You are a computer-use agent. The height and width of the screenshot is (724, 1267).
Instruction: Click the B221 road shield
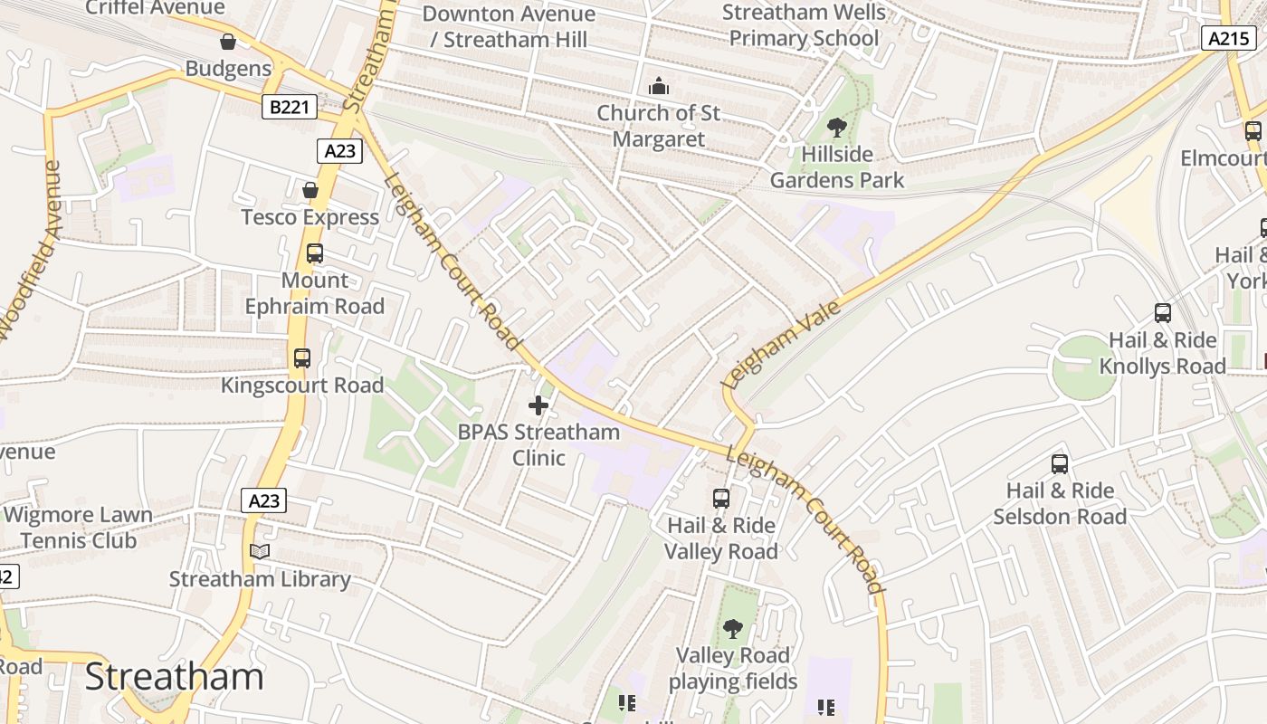pyautogui.click(x=290, y=108)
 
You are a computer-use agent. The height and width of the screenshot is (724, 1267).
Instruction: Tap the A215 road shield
pyautogui.click(x=1227, y=38)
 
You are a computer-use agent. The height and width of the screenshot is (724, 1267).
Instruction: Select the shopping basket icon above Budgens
pyautogui.click(x=228, y=42)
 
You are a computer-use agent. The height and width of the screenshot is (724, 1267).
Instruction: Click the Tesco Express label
pyautogui.click(x=310, y=217)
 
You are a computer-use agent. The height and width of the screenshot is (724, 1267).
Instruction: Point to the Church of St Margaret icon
pyautogui.click(x=659, y=87)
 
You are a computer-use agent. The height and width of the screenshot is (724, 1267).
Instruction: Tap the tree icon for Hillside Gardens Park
pyautogui.click(x=837, y=128)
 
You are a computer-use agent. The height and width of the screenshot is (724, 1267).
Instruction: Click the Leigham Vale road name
pyautogui.click(x=782, y=346)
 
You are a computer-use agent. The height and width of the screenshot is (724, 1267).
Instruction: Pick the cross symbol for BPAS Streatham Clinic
pyautogui.click(x=538, y=405)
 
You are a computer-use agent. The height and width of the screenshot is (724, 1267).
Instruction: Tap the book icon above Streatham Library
pyautogui.click(x=260, y=551)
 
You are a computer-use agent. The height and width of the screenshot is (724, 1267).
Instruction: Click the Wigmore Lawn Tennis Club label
pyautogui.click(x=78, y=528)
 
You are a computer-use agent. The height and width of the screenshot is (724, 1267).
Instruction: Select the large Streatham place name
pyautogui.click(x=175, y=677)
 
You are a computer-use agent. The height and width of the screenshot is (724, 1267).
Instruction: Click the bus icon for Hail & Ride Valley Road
pyautogui.click(x=721, y=498)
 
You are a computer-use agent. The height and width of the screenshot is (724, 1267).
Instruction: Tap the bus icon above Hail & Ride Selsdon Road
pyautogui.click(x=1060, y=464)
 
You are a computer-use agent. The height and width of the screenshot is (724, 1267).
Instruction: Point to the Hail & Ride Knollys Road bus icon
pyautogui.click(x=1163, y=313)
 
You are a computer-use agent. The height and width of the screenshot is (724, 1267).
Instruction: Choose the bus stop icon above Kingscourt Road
pyautogui.click(x=302, y=358)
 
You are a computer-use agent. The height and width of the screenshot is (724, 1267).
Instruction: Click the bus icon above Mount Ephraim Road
pyautogui.click(x=315, y=253)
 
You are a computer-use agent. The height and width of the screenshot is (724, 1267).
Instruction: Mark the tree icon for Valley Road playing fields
pyautogui.click(x=733, y=628)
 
